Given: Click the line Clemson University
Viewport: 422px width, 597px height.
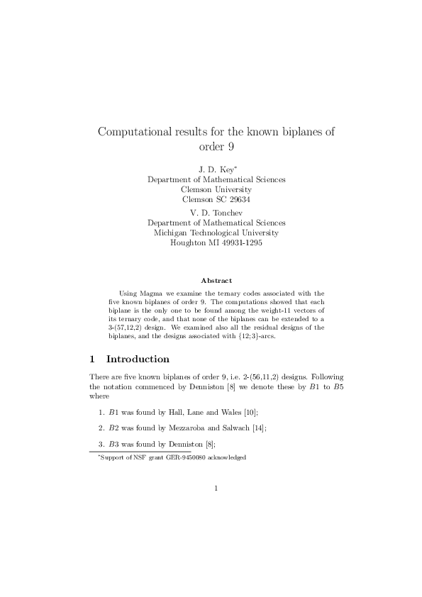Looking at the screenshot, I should pyautogui.click(x=216, y=189).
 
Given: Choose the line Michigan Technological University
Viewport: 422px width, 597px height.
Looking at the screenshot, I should pyautogui.click(x=216, y=233).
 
